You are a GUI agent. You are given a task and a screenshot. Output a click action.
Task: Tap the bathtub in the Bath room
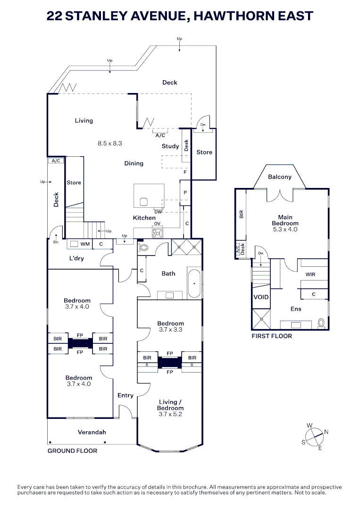coord(194,283)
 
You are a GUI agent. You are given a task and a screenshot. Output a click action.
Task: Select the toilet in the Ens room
coord(321,323)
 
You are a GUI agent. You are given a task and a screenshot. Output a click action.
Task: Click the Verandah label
coord(92,432)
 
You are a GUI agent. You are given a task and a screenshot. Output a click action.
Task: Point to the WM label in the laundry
coord(85,244)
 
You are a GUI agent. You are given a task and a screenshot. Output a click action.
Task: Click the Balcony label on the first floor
coord(280,177)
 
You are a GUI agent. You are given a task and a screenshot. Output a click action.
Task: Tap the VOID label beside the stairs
coord(261,297)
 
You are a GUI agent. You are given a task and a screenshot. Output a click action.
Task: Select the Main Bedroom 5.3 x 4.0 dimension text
coord(285,229)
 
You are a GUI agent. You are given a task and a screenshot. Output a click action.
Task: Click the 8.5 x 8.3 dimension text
coord(110,143)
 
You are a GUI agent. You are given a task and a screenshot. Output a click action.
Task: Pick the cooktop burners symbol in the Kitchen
coord(158,233)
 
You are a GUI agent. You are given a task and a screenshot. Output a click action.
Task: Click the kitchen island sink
coord(144,202)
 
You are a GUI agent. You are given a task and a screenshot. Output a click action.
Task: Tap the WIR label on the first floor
coord(310,274)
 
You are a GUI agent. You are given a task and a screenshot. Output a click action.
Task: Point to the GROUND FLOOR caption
coord(73,451)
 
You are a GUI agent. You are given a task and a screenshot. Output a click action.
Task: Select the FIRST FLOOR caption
coord(272,336)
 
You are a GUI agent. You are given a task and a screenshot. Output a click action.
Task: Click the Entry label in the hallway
coord(126,396)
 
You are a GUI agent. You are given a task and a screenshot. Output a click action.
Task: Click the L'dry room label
coord(77,258)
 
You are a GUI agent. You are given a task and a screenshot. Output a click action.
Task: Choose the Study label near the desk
coord(170,146)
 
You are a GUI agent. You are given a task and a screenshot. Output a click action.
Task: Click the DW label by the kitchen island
coord(158,212)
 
